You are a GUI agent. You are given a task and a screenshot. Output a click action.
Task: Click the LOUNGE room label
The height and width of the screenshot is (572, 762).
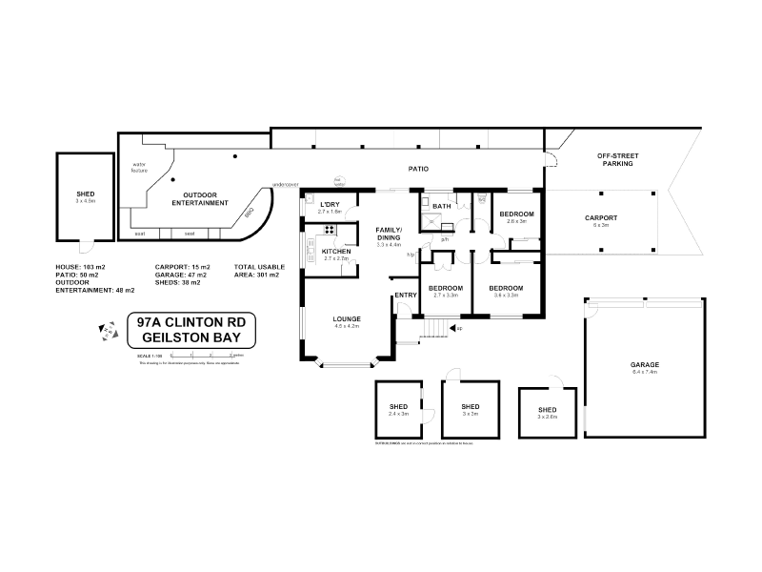click(345, 317)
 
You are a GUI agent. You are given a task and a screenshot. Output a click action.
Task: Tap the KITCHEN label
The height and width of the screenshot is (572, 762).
click(336, 251)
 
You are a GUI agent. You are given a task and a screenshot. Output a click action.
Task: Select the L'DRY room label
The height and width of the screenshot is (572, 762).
click(330, 205)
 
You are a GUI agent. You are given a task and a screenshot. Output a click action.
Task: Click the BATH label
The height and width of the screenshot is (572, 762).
click(442, 206)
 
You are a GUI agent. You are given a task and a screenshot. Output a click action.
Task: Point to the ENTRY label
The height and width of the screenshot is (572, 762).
click(405, 295)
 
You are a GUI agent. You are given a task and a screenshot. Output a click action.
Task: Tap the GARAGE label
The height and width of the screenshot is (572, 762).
click(645, 365)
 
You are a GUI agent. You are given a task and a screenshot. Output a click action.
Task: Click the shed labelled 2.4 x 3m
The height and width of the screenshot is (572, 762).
click(398, 410)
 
